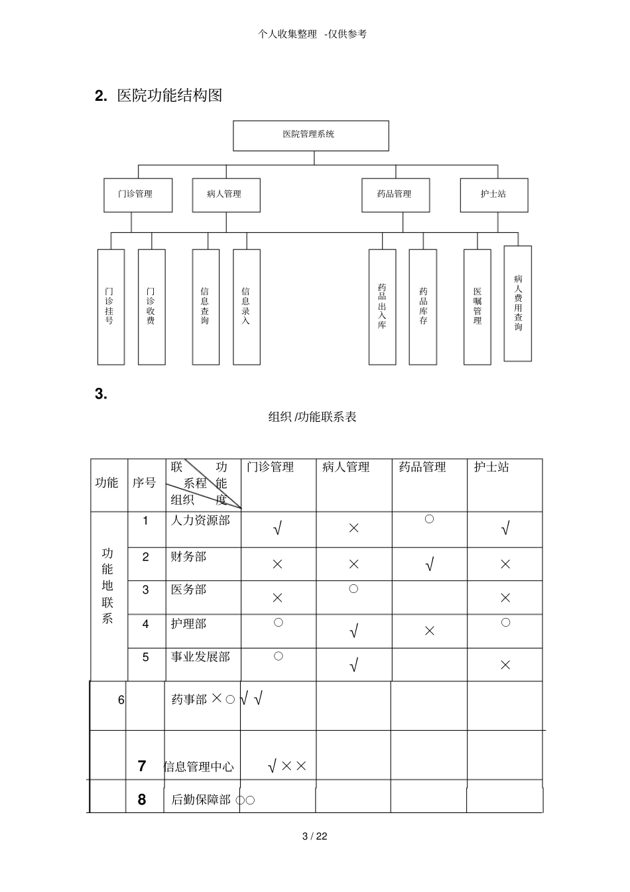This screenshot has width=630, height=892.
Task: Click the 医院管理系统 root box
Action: pos(310,135)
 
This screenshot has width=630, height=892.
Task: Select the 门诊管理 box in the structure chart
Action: pos(138,195)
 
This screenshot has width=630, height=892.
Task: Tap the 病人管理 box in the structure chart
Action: pos(225,195)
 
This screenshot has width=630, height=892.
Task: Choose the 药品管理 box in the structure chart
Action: pos(395,195)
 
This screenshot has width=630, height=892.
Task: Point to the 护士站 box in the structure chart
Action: pos(494,195)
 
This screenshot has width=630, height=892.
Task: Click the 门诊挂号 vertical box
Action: pos(111,306)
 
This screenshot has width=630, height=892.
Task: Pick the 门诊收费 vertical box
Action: pos(151,306)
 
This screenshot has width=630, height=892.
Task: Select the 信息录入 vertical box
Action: pos(246,306)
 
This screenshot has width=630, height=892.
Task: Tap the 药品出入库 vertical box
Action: pos(382,306)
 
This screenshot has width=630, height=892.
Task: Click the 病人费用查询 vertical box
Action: pos(517,303)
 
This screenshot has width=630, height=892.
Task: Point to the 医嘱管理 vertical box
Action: pos(477,306)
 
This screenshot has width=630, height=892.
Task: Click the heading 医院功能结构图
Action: pos(169,96)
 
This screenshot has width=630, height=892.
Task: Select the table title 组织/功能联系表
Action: pos(312,416)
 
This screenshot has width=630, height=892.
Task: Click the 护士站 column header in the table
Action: pos(491,467)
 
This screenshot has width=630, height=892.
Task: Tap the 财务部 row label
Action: pos(188,556)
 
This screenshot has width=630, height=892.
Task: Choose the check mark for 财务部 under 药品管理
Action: pos(429,565)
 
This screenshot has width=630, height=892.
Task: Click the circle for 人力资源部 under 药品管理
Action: pos(429,519)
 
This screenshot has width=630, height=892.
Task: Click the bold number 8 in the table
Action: pos(142,799)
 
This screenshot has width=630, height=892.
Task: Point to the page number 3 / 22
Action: pos(315,836)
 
